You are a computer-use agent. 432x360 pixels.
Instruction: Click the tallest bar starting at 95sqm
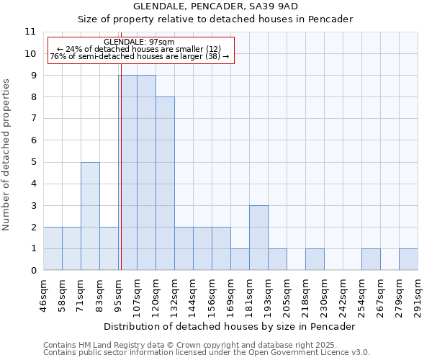tap(128, 173)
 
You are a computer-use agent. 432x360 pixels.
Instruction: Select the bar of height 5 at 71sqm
tap(90, 216)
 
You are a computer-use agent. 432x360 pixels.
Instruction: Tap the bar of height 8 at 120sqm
tap(165, 184)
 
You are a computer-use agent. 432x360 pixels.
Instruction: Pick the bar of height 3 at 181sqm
tap(258, 238)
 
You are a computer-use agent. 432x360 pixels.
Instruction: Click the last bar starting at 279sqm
tap(408, 259)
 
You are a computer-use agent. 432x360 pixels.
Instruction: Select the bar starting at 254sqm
tap(371, 259)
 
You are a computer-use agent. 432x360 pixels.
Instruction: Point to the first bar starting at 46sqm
tap(53, 248)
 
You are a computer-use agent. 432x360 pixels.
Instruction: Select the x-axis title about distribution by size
tap(230, 326)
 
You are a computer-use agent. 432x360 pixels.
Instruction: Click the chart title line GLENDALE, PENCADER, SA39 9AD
tap(215, 6)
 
